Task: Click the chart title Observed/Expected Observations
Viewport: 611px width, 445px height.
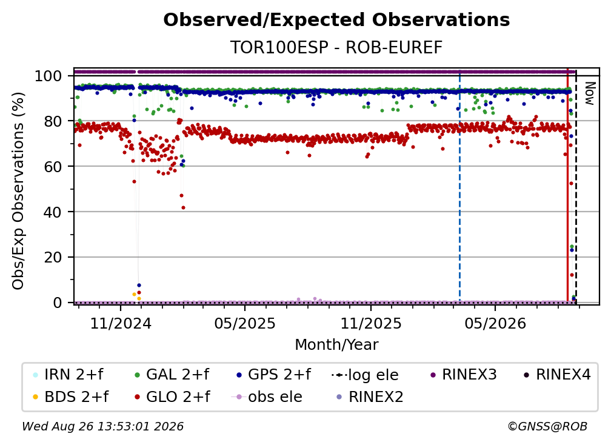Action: (336, 20)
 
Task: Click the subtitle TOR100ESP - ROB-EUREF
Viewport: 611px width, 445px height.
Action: (336, 47)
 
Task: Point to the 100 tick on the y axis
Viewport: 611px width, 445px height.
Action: (48, 76)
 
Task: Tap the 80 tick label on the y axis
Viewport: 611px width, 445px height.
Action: (53, 121)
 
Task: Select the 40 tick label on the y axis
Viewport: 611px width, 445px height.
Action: (53, 212)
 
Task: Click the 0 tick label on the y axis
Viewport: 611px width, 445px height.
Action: (57, 303)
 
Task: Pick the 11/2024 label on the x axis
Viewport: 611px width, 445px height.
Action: (121, 323)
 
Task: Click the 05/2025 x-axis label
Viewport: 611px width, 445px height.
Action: (245, 323)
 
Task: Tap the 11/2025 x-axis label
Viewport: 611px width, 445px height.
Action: (370, 323)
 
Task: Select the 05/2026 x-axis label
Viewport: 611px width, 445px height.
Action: (495, 323)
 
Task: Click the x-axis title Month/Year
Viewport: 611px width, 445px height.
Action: (336, 344)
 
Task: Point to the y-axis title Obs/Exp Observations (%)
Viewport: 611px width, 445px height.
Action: (18, 190)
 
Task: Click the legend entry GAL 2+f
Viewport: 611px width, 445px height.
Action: (171, 375)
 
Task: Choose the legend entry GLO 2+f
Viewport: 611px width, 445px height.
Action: (172, 396)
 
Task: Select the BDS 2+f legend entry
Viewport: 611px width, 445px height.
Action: (70, 396)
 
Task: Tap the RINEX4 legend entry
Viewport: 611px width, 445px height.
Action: (557, 375)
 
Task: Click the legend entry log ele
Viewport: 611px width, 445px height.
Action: (365, 375)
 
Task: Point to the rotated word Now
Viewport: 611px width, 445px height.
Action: (590, 93)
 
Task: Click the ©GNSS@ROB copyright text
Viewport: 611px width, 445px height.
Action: (547, 426)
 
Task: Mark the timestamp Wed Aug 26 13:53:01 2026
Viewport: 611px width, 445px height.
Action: (103, 426)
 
